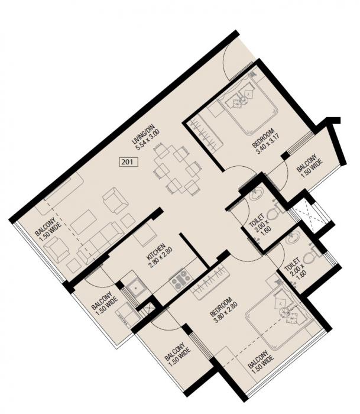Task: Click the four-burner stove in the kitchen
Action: coord(180,277)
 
